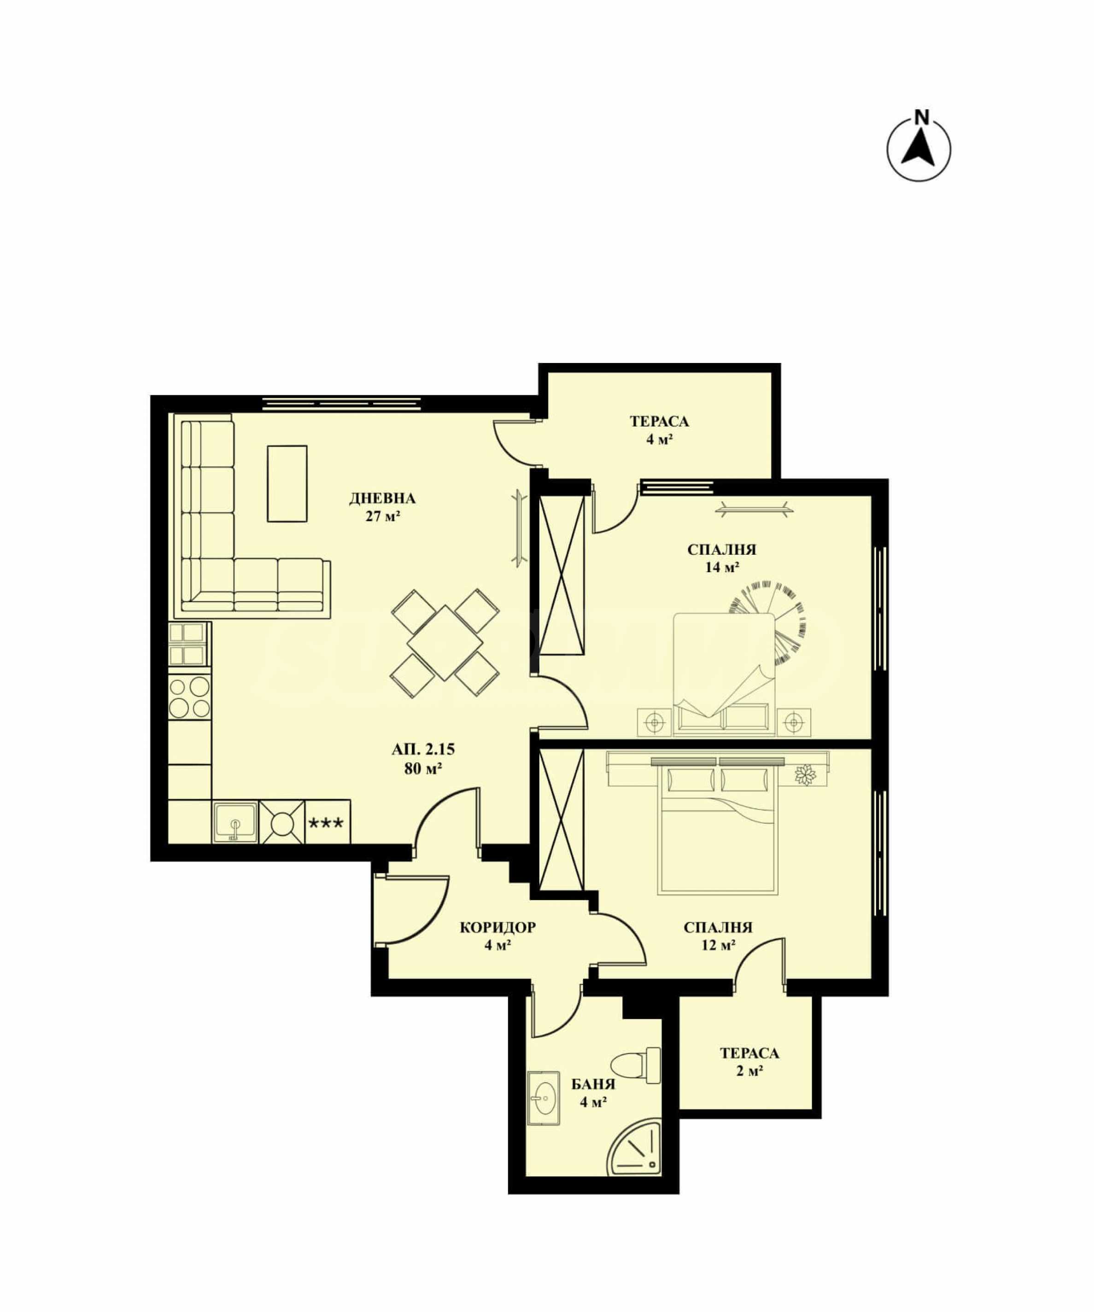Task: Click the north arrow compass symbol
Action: [x=918, y=150]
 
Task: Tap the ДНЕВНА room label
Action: [x=382, y=498]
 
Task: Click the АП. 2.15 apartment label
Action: [x=423, y=749]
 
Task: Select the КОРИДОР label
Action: [x=497, y=927]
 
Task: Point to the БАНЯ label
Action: [x=593, y=1084]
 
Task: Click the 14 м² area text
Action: [x=722, y=567]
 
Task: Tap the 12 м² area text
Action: [x=718, y=945]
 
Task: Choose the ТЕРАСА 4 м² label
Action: [x=659, y=430]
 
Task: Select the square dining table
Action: [x=445, y=642]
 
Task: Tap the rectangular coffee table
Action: [x=287, y=484]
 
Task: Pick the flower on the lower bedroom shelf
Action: [x=805, y=775]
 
